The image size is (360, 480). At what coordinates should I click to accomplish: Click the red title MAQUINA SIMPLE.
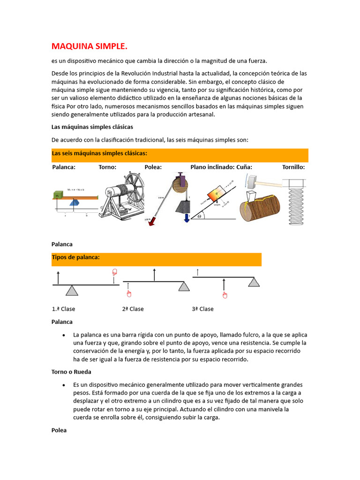tap(89, 46)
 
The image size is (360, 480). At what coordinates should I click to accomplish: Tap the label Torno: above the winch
tap(107, 167)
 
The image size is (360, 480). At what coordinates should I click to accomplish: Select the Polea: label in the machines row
tap(153, 167)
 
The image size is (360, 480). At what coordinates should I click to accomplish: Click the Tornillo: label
tap(293, 167)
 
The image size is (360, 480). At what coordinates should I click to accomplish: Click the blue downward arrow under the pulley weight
tap(187, 217)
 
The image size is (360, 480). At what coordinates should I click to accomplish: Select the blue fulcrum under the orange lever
tap(75, 202)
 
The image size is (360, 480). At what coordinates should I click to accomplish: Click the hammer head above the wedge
tap(252, 180)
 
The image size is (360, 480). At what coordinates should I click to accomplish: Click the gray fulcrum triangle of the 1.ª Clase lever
tap(72, 291)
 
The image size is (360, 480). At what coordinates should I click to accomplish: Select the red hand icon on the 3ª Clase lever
tap(225, 294)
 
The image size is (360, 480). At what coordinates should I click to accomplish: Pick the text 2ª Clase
tap(133, 309)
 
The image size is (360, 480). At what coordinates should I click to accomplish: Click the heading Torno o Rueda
tap(71, 372)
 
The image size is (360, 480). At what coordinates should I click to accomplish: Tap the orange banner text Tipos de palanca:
tap(76, 257)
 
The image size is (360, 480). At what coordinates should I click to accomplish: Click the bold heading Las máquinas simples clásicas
tap(92, 127)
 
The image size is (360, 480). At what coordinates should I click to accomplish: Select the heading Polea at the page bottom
tap(59, 430)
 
